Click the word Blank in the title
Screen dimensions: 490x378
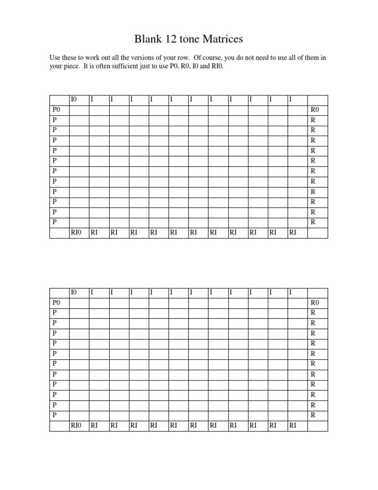149,39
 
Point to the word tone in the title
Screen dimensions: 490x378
192,39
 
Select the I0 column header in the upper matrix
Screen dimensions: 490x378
74,100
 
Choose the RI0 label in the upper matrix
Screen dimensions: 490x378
76,233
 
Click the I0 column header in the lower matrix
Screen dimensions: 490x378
74,293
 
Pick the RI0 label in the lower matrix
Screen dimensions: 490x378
76,425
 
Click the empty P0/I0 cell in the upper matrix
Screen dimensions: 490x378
79,109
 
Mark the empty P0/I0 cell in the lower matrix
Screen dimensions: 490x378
79,302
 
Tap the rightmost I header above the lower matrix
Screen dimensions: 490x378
290,293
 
